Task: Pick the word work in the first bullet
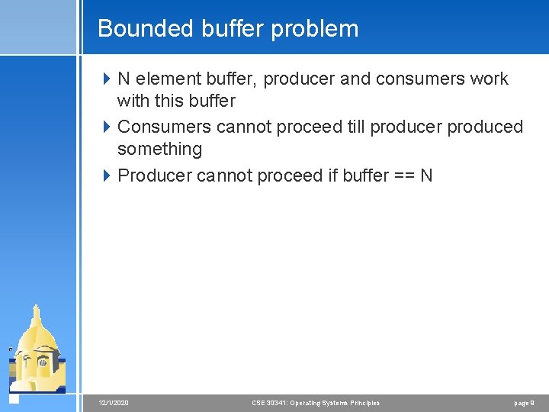490,79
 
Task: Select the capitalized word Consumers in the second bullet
164,127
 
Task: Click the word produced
485,127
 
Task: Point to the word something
159,149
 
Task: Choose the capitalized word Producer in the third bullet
155,175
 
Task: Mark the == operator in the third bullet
403,175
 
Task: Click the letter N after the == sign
426,175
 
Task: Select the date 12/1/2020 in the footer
114,403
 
